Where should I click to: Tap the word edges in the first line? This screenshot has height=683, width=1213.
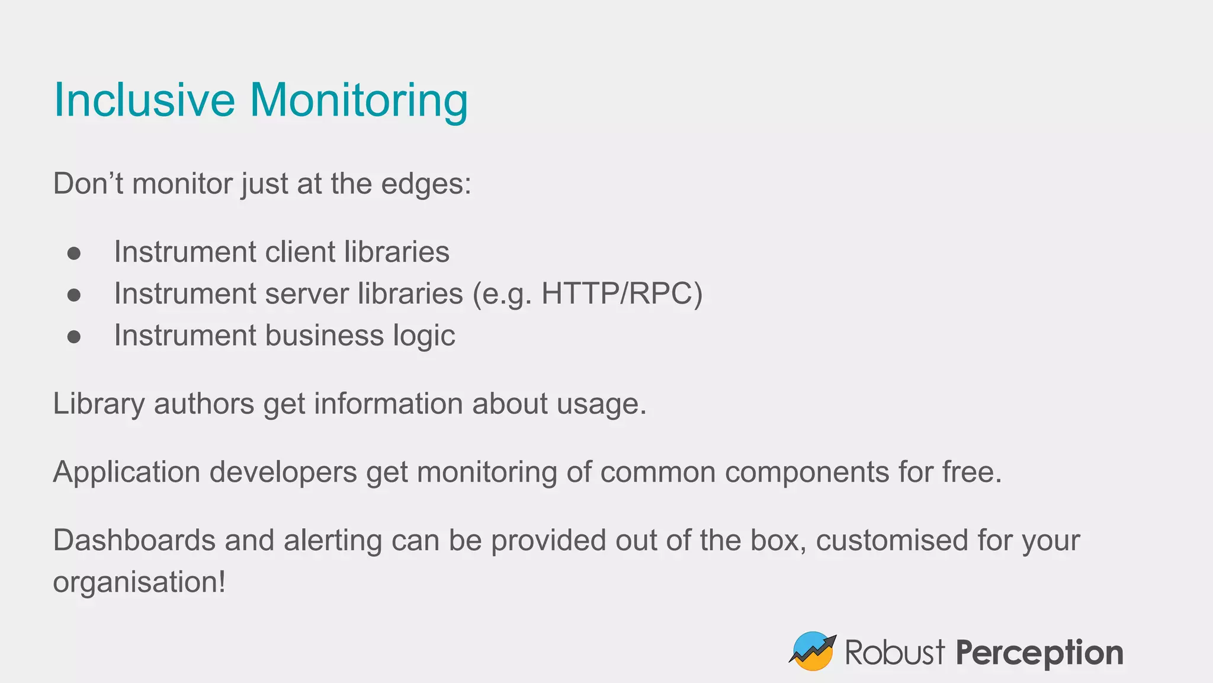tap(426, 184)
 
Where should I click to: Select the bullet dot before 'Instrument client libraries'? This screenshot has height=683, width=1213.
tap(74, 253)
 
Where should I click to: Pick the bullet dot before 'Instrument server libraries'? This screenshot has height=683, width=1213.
tap(74, 295)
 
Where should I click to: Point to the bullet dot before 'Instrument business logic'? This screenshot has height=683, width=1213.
tap(74, 337)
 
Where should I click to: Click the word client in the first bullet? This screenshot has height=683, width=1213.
tap(300, 252)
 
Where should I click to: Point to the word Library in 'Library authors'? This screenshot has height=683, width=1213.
tap(98, 404)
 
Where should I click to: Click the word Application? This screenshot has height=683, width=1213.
tap(126, 473)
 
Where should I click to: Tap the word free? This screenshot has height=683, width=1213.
tap(971, 472)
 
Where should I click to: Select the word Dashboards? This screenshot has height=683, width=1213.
tap(134, 540)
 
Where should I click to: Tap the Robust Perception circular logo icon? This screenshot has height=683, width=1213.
tap(813, 651)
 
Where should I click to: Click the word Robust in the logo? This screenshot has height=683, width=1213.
tap(894, 653)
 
